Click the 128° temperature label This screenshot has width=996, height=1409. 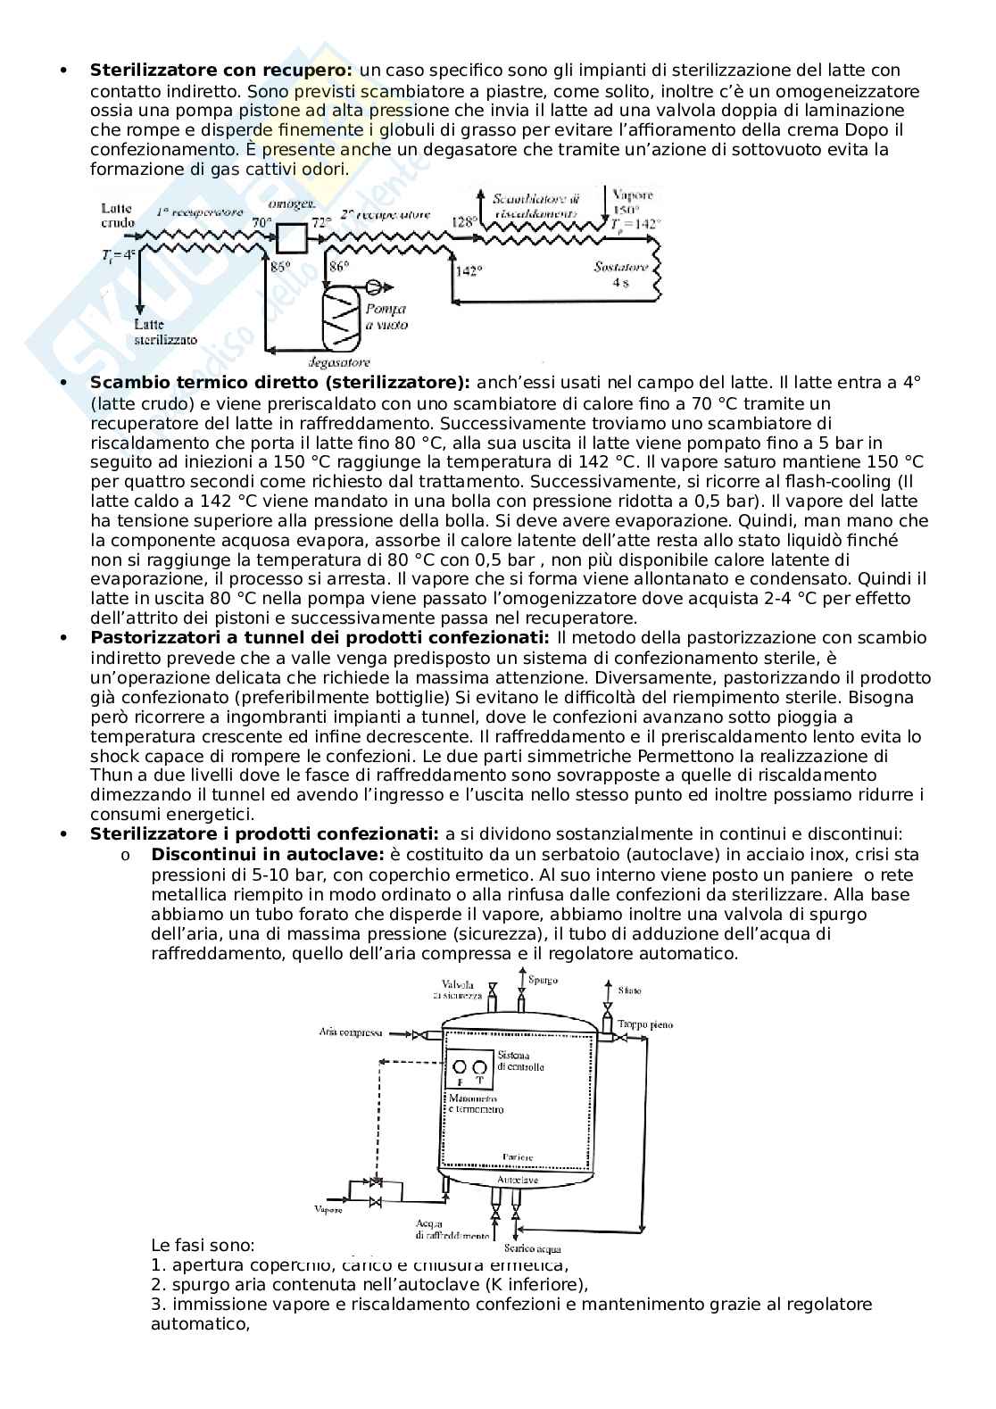[x=463, y=221]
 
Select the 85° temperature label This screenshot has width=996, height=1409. [x=281, y=266]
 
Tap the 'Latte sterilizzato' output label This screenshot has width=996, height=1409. [x=165, y=332]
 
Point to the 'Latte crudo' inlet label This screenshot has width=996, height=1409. [x=118, y=215]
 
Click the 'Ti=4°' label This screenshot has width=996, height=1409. [x=118, y=254]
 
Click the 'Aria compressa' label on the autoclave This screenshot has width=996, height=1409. [x=351, y=1032]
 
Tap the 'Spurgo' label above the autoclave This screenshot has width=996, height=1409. [x=543, y=980]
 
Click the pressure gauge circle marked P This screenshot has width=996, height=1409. [x=460, y=1066]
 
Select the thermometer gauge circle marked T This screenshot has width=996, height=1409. [x=480, y=1066]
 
